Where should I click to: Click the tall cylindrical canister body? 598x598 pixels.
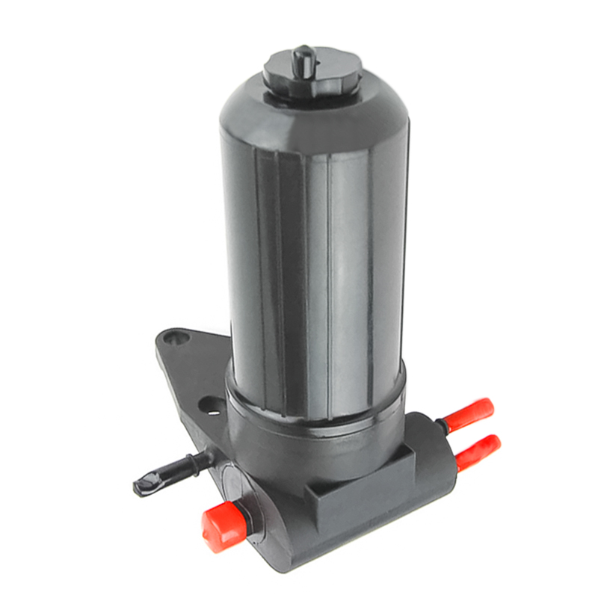click(x=314, y=247)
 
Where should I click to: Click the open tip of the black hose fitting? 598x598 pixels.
click(x=141, y=487)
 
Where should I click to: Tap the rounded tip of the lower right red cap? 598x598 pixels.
click(x=494, y=443)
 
